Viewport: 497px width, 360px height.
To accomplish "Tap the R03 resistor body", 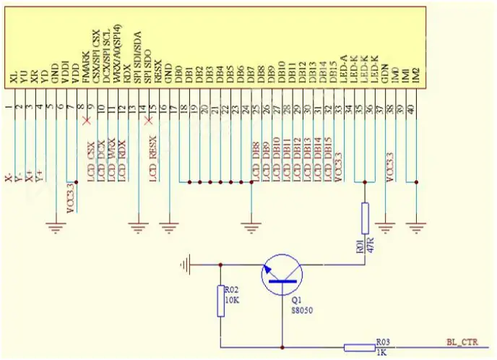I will pos(359,348).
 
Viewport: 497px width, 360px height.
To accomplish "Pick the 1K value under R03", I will pos(381,352).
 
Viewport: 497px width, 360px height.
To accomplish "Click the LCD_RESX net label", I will pos(153,160).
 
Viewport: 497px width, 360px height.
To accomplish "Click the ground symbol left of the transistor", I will pos(187,265).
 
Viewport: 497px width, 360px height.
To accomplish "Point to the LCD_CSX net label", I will pos(92,160).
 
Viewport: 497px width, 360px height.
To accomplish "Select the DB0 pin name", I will pos(178,75).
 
